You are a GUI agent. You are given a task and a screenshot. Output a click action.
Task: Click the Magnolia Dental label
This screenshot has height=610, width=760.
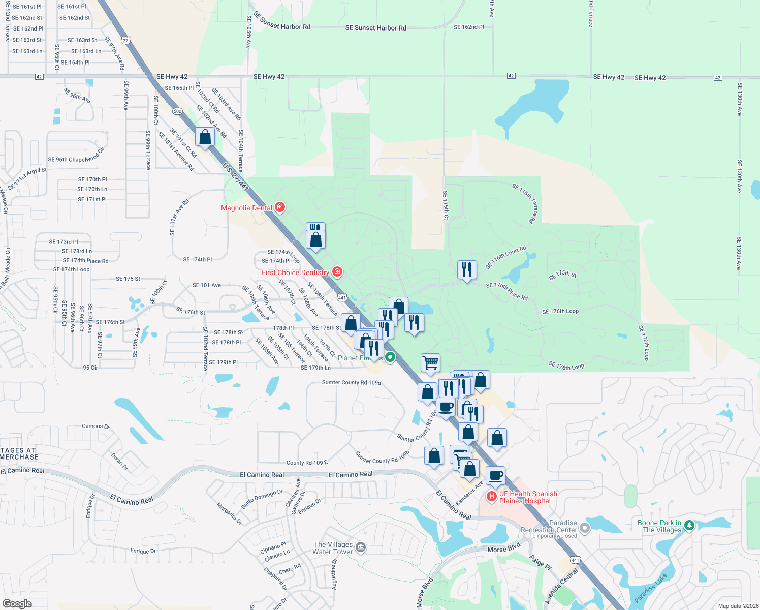(246, 208)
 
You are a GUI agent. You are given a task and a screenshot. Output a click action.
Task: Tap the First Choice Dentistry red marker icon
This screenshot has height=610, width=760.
(337, 272)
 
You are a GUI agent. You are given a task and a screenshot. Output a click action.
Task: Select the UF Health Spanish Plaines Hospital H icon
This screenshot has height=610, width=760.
(492, 497)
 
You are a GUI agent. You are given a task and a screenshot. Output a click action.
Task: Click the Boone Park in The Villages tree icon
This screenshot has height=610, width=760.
(689, 525)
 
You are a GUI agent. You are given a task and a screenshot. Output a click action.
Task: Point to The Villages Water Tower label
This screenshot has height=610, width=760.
(333, 548)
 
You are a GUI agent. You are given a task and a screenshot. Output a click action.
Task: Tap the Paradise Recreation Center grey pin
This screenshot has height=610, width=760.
(585, 528)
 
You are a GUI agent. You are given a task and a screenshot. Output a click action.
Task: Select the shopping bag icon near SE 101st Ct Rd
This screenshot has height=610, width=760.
(205, 137)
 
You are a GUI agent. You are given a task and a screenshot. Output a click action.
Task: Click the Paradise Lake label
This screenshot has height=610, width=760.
(651, 588)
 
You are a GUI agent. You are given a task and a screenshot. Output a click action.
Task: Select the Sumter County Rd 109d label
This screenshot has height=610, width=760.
(351, 382)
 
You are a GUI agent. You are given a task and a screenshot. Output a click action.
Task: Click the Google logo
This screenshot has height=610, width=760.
(17, 603)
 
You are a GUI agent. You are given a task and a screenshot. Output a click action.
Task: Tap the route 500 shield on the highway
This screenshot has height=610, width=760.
(177, 111)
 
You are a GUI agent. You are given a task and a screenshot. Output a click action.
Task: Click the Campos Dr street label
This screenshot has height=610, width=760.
(96, 426)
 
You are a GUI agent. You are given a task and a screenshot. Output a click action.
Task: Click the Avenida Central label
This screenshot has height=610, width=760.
(561, 587)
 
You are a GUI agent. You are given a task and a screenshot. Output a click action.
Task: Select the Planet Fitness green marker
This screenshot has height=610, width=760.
(390, 357)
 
